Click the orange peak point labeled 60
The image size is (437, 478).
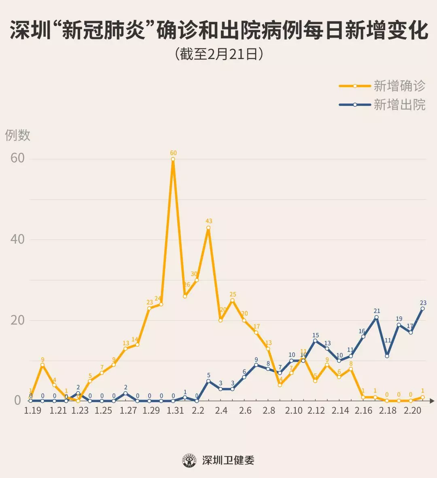[x=173, y=159]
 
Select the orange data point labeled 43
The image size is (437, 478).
[x=208, y=227]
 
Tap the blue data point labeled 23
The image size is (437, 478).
[x=422, y=309]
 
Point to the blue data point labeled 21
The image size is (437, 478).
[x=376, y=317]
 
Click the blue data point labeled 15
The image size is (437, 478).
[x=315, y=341]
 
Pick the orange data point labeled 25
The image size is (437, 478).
[x=232, y=300]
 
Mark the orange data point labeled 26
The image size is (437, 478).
[x=185, y=296]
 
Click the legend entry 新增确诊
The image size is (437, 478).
[x=399, y=86]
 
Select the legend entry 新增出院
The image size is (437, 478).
[x=399, y=105]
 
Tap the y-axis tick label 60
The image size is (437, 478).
[x=17, y=158]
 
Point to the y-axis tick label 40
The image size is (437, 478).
[x=17, y=239]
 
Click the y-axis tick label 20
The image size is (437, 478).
[x=17, y=320]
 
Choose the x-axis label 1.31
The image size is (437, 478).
[x=175, y=411]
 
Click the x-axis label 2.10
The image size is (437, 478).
[x=293, y=411]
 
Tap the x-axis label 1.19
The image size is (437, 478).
[x=32, y=411]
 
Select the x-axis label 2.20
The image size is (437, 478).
[x=412, y=411]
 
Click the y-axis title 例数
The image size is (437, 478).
[x=18, y=135]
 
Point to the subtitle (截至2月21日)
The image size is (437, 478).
[x=219, y=54]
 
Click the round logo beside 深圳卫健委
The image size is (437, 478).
[x=189, y=460]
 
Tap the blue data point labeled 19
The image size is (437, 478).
[x=399, y=325]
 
